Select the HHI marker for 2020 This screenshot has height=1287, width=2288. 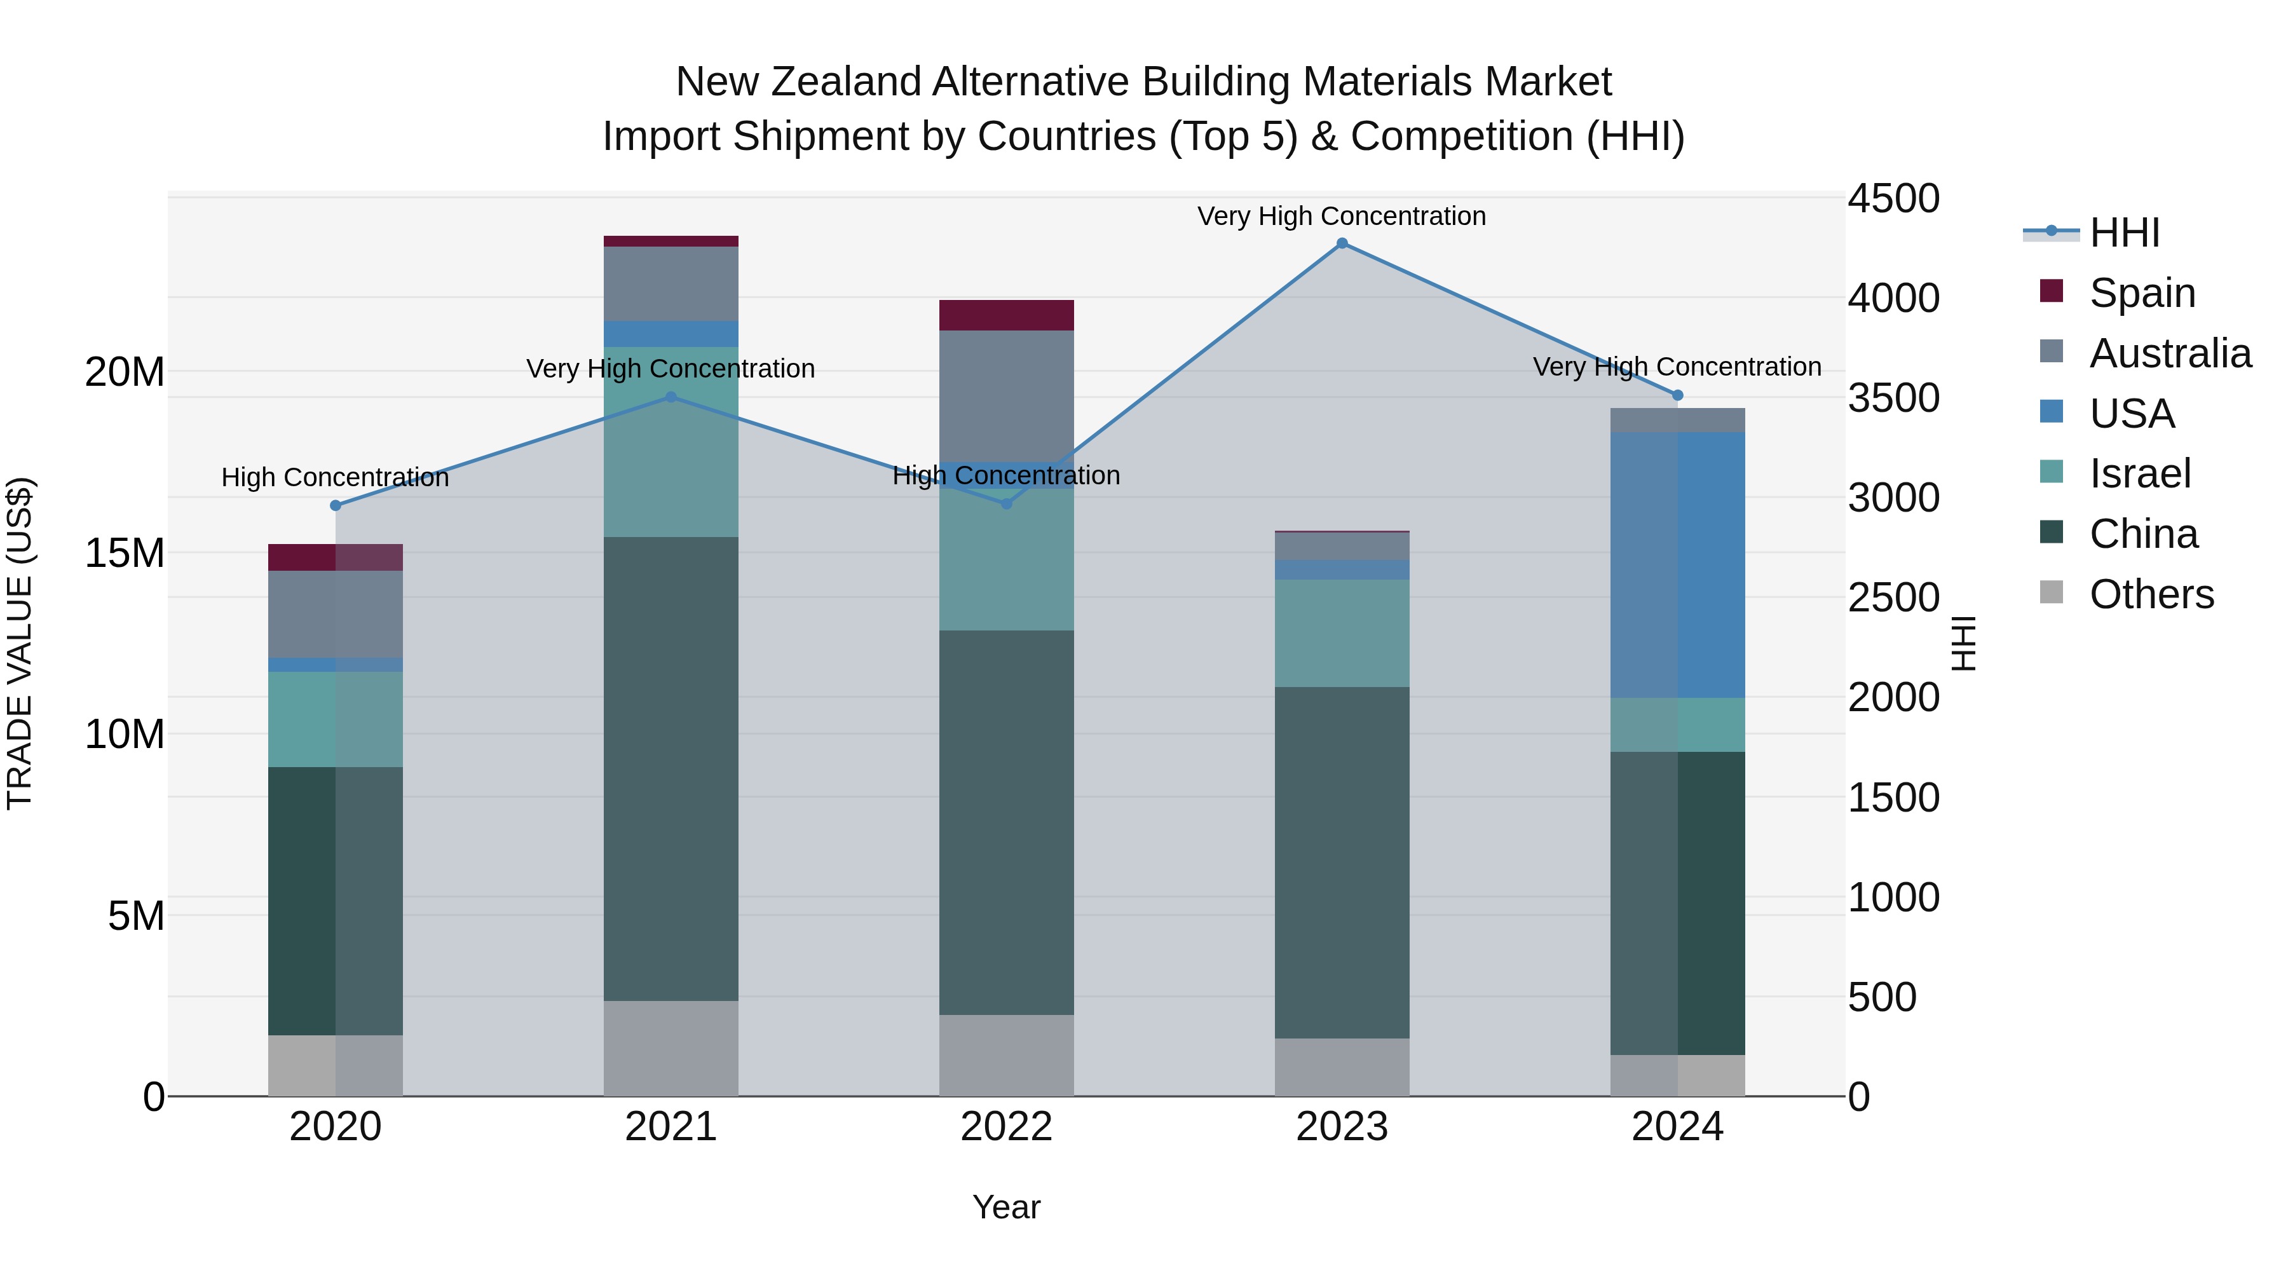336,505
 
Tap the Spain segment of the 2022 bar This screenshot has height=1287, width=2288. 1006,315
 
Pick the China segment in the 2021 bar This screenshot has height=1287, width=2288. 671,768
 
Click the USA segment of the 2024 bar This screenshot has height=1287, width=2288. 1677,565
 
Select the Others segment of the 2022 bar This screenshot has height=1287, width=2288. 1006,1055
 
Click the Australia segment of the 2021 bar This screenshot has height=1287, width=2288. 671,283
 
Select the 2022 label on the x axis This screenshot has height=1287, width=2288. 1006,1126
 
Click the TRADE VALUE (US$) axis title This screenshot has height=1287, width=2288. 20,643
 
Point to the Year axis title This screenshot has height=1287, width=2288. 1006,1207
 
